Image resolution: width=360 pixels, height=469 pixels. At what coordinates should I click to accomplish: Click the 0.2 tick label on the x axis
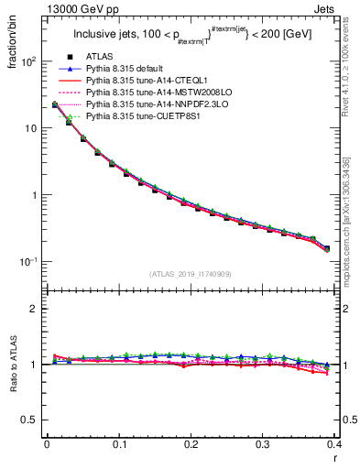191,444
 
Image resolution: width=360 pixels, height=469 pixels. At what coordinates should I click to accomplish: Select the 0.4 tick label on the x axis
335,444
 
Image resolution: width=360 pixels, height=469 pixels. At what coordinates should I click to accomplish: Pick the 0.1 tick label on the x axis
119,444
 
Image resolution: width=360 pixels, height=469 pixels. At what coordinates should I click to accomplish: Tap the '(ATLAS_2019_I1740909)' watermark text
191,274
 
